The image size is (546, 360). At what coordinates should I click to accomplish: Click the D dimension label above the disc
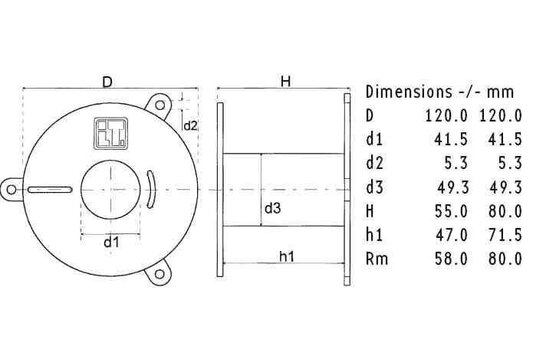click(107, 80)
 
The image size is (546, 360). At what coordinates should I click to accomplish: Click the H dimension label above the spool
click(285, 80)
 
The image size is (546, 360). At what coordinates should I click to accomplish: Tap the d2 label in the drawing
click(191, 126)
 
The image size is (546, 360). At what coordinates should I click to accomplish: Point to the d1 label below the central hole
click(112, 241)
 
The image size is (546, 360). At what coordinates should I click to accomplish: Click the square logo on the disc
click(107, 130)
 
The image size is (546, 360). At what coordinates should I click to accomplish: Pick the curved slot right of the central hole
click(151, 188)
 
